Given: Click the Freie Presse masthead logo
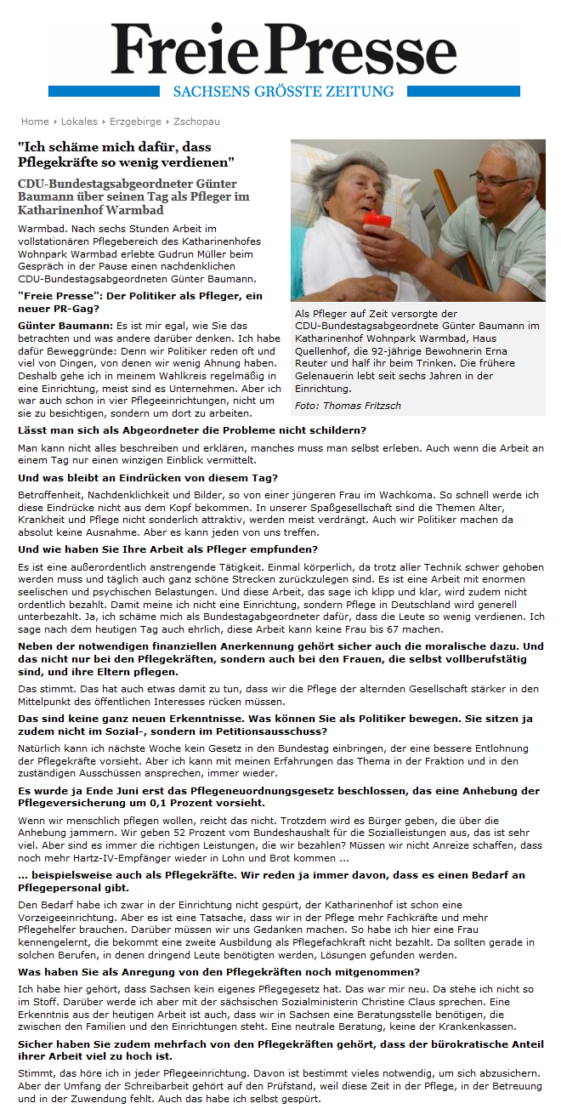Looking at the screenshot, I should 283,49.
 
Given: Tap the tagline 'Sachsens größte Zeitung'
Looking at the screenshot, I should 283,91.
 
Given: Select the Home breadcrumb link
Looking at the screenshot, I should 35,122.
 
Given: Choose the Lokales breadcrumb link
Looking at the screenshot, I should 78,122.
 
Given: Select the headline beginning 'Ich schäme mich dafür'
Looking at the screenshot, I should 127,153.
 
